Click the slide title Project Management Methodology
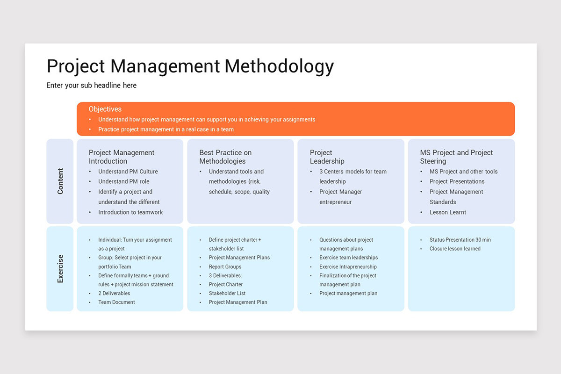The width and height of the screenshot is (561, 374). coord(190,66)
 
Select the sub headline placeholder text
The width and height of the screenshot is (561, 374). coord(91,86)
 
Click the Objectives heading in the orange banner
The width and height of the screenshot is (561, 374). coord(105,109)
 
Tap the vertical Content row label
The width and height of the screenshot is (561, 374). coord(60,181)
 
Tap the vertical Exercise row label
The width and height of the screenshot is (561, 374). coord(60,269)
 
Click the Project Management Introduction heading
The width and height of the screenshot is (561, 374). coord(122,157)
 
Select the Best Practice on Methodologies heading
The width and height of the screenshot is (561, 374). coord(225,157)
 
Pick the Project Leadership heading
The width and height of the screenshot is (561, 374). coord(327,157)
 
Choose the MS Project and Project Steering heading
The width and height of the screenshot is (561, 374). coord(456,157)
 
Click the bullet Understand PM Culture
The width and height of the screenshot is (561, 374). coord(128,172)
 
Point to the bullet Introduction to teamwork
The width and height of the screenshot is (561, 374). coord(130,212)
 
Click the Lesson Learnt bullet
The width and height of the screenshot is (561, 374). coord(447,212)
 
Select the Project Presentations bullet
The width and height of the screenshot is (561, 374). coord(457,181)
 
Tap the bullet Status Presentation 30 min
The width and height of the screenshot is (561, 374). coord(460,240)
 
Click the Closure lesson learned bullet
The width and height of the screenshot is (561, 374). coord(455,249)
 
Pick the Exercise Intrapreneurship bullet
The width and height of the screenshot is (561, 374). coord(348,266)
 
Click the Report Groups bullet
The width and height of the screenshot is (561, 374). coord(225,266)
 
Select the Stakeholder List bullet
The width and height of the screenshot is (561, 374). coord(227,293)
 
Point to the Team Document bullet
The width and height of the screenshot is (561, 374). coord(116,302)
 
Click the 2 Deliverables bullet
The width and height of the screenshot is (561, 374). coord(114,293)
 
